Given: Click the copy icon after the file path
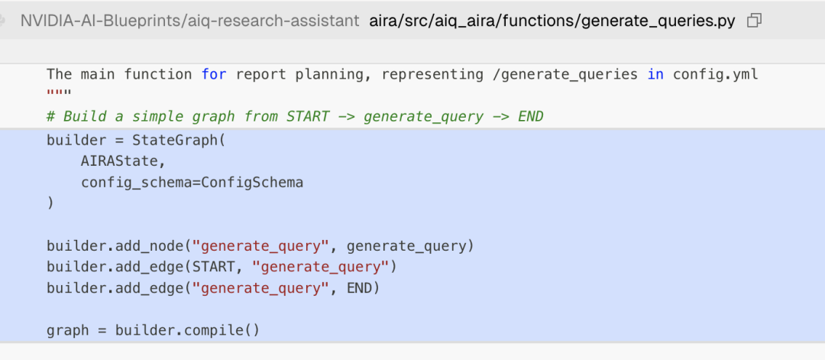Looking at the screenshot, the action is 754,21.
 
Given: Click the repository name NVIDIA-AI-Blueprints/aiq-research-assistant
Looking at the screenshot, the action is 190,21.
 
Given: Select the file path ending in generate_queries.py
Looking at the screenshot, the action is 552,21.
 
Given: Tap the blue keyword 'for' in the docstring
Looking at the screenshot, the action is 214,75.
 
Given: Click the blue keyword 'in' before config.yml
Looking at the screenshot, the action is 655,75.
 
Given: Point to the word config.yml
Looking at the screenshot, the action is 716,75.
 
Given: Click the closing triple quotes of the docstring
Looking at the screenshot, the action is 59,93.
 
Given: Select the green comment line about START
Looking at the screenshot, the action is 295,116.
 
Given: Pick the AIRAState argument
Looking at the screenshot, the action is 119,161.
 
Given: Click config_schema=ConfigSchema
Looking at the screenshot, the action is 192,183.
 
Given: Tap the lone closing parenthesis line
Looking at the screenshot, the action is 50,203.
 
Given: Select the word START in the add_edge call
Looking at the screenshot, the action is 214,267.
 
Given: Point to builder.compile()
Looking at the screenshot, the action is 187,330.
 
